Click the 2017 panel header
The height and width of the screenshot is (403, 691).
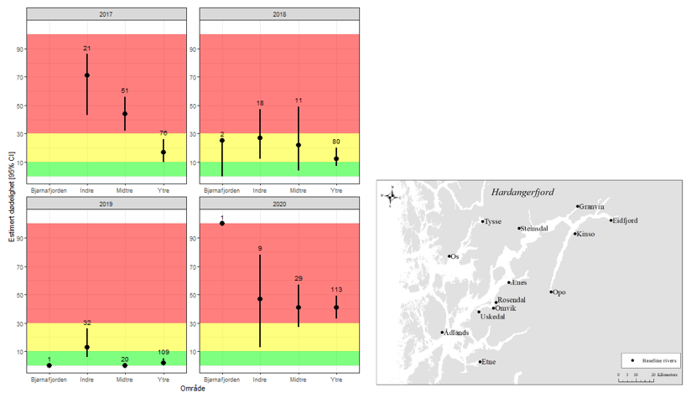coord(107,15)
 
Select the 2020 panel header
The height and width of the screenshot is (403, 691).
coord(279,204)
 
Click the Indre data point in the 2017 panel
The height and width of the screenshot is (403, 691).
coord(86,75)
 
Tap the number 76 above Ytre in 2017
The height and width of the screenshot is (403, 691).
coord(163,132)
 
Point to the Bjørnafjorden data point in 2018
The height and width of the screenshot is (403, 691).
coord(222,141)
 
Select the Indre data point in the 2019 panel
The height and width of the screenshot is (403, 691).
coord(86,347)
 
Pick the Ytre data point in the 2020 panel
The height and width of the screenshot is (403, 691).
coord(336,307)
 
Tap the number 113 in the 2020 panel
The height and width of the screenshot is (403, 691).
coord(336,290)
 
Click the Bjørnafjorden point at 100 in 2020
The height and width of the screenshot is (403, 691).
coord(222,224)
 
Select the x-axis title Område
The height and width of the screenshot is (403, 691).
coord(193,387)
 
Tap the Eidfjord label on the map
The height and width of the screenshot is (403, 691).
coord(625,220)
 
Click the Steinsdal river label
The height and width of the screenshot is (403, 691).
coord(534,228)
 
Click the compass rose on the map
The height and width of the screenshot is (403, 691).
coord(392,195)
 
